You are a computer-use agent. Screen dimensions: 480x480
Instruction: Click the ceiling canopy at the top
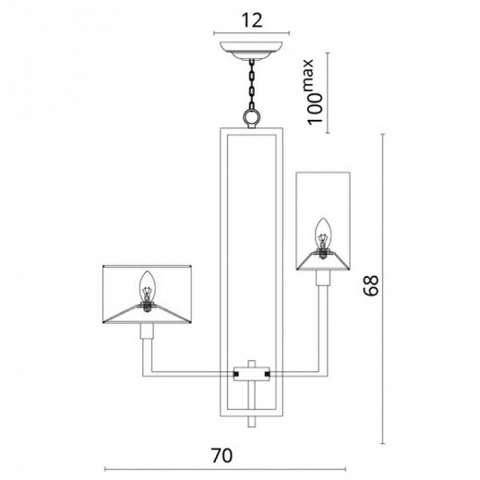tap(250, 48)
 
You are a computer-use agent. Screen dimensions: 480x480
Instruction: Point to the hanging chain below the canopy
tap(250, 88)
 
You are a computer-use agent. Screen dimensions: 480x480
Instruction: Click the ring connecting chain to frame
tap(250, 118)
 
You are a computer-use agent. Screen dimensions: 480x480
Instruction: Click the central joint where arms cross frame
tap(250, 374)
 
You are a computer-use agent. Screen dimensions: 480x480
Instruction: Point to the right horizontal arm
tap(295, 374)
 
